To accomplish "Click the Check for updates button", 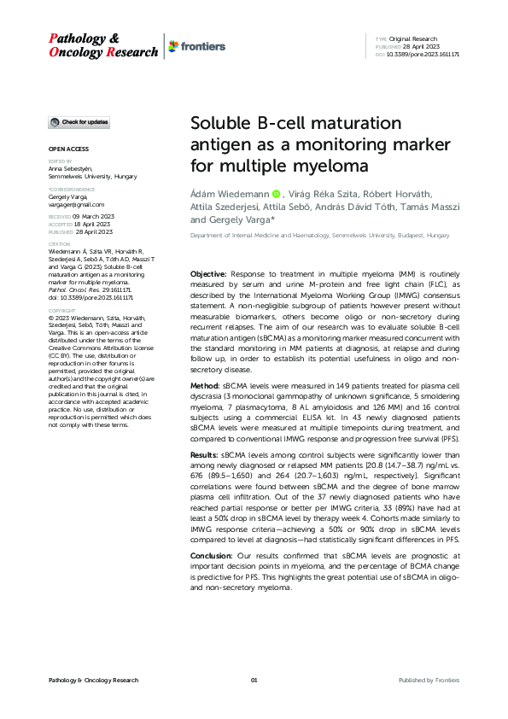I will point(79,123).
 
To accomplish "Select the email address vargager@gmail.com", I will point(77,205).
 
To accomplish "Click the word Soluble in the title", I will point(222,123).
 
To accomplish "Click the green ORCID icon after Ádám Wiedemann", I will point(277,194).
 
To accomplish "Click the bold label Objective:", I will point(207,272).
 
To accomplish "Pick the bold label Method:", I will point(205,386).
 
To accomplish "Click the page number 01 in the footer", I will point(254,680).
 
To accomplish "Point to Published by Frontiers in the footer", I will point(429,680).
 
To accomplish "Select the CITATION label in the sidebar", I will point(60,243).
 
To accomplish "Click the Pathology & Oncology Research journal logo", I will point(102,45).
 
